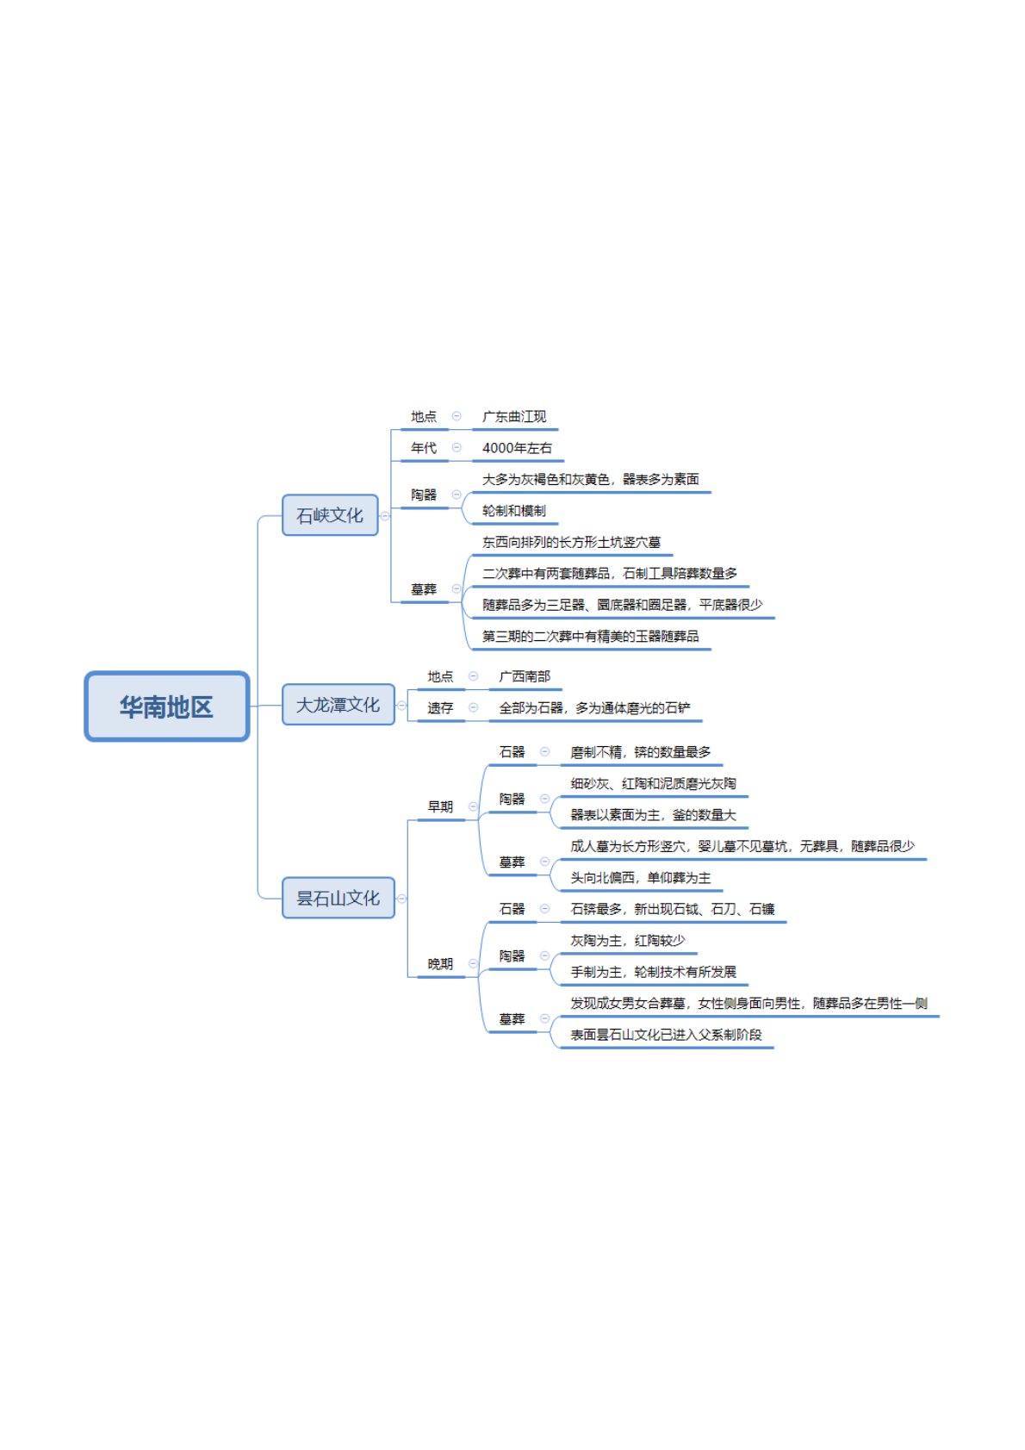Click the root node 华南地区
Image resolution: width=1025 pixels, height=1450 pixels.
tap(166, 706)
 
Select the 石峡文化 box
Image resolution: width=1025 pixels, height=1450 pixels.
tap(330, 515)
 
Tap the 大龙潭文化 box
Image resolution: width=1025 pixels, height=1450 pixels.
tap(338, 705)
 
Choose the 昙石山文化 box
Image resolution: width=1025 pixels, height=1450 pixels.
tap(338, 898)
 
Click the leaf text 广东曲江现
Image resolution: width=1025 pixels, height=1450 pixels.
tap(514, 417)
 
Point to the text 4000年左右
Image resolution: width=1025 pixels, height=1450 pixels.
tap(517, 448)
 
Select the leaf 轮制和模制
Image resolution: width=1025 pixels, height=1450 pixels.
tap(514, 511)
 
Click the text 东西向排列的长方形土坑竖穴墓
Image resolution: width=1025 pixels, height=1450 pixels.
tap(571, 542)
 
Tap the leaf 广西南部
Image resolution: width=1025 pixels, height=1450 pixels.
tap(525, 676)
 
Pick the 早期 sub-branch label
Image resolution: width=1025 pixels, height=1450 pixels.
tap(440, 806)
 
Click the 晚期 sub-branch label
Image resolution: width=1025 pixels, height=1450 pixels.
tap(440, 964)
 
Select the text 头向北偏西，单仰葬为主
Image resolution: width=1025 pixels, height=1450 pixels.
tap(640, 878)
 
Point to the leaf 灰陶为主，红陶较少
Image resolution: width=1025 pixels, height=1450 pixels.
tap(628, 941)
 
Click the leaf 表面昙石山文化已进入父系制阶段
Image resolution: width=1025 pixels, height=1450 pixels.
tap(666, 1035)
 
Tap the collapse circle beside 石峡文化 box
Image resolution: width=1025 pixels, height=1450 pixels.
tap(385, 516)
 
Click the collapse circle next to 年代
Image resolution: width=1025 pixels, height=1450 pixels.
tap(457, 447)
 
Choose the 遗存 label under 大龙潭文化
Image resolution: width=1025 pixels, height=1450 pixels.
tap(440, 708)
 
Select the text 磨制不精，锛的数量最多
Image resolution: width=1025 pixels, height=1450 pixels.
tap(641, 752)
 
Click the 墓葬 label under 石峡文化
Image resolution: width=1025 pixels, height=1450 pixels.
tap(424, 589)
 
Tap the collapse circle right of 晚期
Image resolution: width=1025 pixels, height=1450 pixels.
tap(473, 963)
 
